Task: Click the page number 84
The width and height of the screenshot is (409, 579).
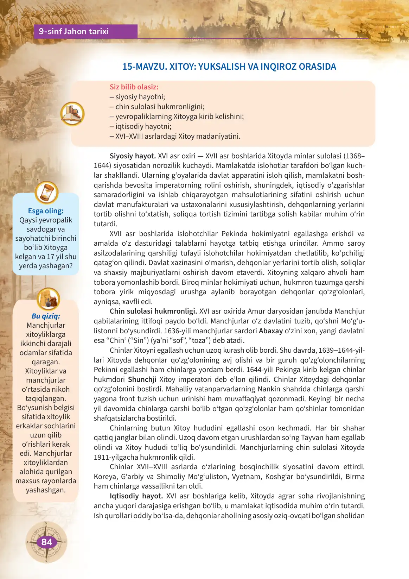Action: click(x=46, y=542)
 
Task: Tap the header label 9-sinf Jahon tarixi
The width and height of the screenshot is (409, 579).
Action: click(x=74, y=31)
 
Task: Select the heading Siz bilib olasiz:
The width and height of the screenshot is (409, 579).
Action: click(x=134, y=87)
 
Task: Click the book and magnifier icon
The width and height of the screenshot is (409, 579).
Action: click(x=72, y=114)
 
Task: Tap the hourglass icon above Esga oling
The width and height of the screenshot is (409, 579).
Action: click(x=46, y=192)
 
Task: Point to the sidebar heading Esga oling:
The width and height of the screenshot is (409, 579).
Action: click(x=46, y=211)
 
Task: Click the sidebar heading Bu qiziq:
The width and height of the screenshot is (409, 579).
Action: click(x=46, y=316)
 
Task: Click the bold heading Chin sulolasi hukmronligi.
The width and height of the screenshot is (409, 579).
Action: click(x=153, y=311)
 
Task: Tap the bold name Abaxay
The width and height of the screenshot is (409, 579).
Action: click(x=271, y=331)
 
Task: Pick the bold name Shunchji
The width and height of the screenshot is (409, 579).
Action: click(x=142, y=379)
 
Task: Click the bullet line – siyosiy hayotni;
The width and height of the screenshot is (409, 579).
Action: click(x=138, y=97)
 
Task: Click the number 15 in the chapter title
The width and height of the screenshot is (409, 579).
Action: click(x=127, y=67)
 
